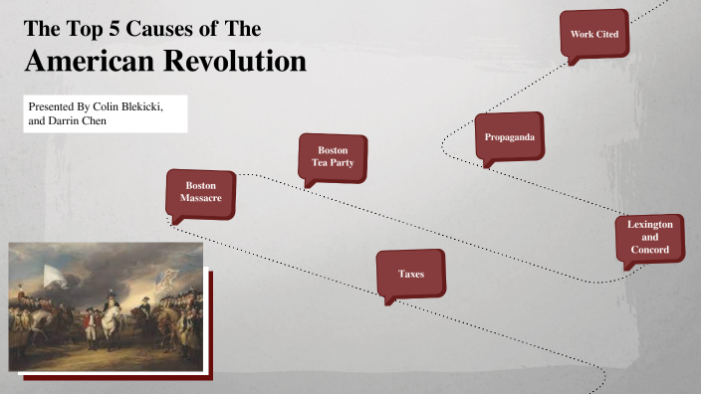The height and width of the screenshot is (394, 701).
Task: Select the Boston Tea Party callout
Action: coord(333,156)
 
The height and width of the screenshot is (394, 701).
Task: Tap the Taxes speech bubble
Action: coord(411,273)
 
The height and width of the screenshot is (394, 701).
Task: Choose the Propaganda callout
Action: coord(509,135)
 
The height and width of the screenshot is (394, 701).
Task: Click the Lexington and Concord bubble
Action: coord(649,238)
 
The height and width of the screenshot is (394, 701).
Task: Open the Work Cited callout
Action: coord(593,35)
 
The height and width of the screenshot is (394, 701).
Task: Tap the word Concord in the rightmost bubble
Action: coord(649,251)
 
